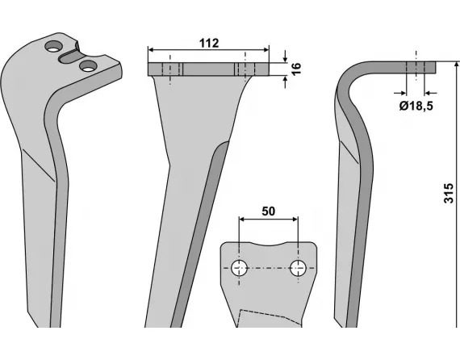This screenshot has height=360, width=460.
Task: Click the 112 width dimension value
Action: pyautogui.click(x=208, y=43)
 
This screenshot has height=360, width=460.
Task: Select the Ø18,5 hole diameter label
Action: pyautogui.click(x=416, y=105)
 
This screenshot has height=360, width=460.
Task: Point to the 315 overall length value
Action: pyautogui.click(x=449, y=195)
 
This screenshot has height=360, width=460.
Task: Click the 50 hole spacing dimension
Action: pyautogui.click(x=269, y=211)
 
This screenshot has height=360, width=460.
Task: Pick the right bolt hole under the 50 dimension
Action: pyautogui.click(x=298, y=268)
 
